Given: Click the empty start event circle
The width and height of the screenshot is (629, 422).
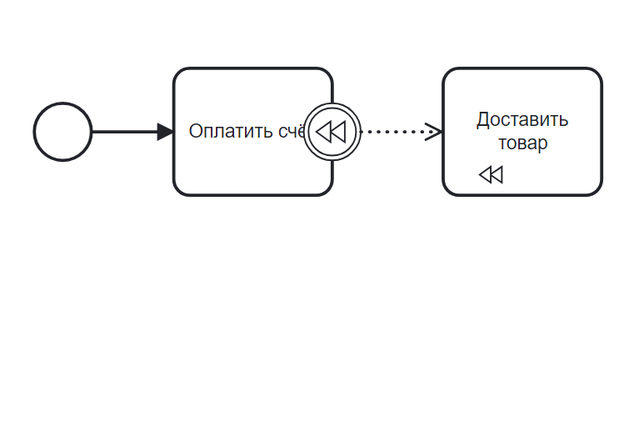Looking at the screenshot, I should coord(62,132).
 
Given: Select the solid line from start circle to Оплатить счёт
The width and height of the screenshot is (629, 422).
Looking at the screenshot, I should coord(123,132).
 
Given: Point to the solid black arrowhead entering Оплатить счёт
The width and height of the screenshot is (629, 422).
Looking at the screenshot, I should coord(165,132).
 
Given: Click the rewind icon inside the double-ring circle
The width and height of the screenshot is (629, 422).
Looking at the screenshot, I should coord(332,132).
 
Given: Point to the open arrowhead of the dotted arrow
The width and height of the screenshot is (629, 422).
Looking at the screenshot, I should coord(433,132).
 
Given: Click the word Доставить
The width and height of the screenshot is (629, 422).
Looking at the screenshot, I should coord(522,120).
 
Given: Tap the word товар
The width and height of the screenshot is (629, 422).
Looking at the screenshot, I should coord(522,143).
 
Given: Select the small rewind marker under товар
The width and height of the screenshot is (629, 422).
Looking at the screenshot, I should coord(491,174).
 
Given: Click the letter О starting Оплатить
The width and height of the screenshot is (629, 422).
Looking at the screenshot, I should coord(196,132).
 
